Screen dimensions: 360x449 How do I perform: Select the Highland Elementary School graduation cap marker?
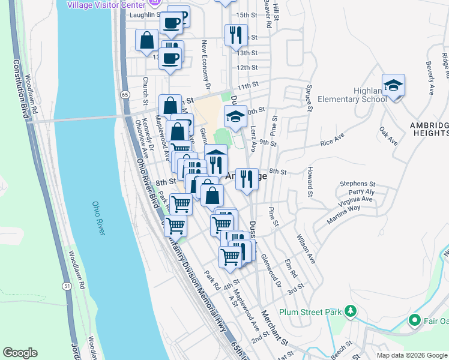[393, 86]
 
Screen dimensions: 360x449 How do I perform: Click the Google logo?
[20, 353]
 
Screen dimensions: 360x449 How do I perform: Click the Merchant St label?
[274, 328]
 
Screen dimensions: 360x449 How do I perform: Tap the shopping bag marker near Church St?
[146, 41]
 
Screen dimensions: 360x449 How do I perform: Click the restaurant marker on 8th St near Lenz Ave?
[246, 179]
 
